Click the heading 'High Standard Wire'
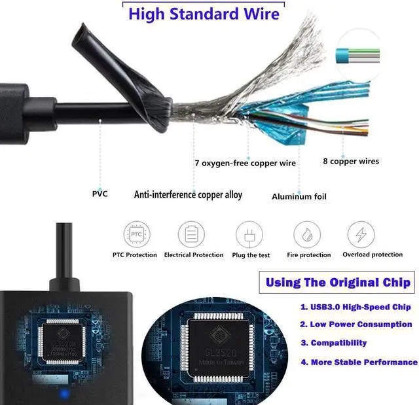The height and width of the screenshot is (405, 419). (x=204, y=14)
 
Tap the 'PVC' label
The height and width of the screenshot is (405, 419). (x=100, y=194)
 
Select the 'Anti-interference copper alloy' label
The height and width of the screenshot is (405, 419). (x=188, y=194)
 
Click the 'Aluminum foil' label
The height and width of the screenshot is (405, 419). (x=299, y=196)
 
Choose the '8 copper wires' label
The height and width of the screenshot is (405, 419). (x=351, y=161)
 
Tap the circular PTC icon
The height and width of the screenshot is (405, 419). (x=136, y=234)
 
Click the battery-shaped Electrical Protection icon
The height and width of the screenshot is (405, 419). (x=191, y=234)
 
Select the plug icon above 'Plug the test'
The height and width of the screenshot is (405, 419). (x=249, y=234)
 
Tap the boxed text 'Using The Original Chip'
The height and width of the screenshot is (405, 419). (x=337, y=283)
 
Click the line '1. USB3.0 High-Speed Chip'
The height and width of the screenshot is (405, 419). (x=355, y=307)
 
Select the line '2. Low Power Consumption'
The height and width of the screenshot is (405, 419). (x=356, y=325)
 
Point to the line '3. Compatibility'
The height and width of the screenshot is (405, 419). (x=333, y=343)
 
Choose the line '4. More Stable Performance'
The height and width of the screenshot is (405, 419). (x=359, y=362)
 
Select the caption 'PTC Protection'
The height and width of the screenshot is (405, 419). (x=135, y=255)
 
